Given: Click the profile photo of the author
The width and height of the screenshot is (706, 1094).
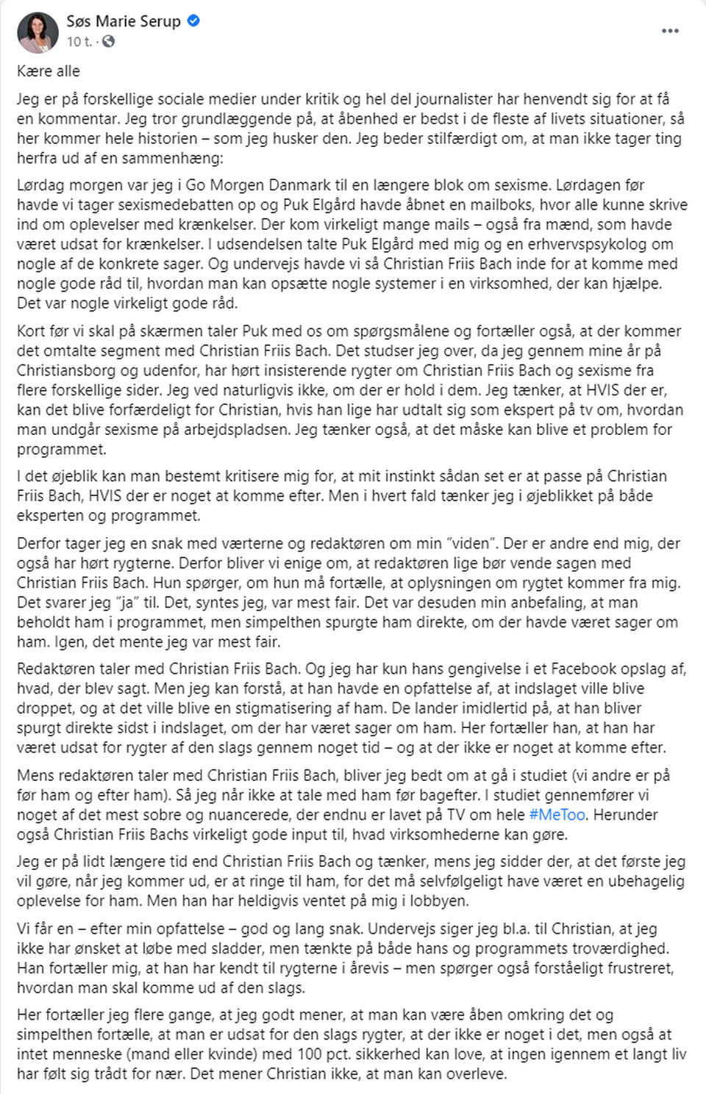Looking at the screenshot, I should pos(38,32).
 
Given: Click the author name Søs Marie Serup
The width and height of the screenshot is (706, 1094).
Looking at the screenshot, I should pos(124,21).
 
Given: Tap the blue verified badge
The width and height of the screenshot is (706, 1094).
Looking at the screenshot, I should pos(194,21).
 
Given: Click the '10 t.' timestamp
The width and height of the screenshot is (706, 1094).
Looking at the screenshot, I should pos(79,42).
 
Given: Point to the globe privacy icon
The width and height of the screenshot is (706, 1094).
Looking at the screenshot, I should pos(108,42).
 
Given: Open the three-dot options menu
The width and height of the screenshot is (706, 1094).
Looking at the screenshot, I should pos(670,31).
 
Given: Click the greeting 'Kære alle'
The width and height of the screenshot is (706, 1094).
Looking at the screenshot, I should pos(49,71).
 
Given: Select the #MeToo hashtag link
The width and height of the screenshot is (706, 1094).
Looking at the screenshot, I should pos(557,815).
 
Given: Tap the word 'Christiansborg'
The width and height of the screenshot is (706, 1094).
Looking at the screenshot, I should pos(70,370).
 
